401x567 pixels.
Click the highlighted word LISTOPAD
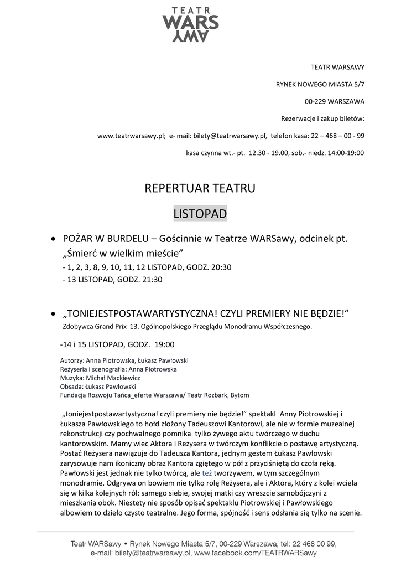pos(200,213)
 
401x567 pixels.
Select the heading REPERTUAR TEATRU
pos(200,188)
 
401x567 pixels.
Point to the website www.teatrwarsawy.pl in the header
pos(131,135)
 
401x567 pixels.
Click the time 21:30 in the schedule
pos(152,280)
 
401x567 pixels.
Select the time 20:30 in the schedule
pos(221,267)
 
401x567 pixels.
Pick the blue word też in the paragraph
pos(207,473)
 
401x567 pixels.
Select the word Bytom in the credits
pos(239,395)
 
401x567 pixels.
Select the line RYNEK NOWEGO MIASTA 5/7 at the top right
pos(320,84)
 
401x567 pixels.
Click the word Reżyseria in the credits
pos(75,369)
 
